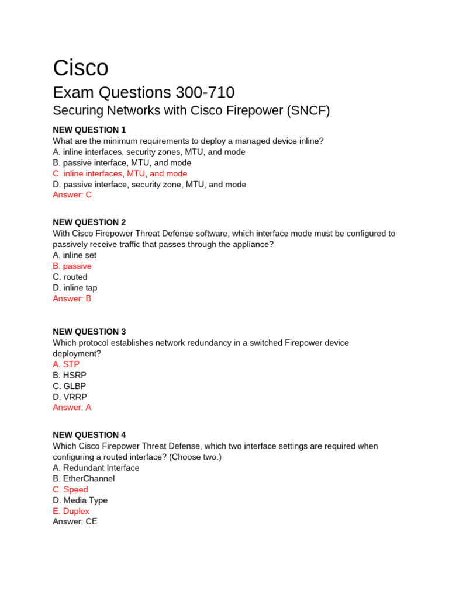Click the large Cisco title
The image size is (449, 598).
[x=81, y=68]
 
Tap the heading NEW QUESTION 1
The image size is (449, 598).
[x=89, y=130]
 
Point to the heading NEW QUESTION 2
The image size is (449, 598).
[x=89, y=222]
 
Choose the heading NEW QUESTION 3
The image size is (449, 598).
[x=89, y=332]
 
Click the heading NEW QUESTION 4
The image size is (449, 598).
[x=89, y=435]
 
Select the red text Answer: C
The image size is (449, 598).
[x=72, y=195]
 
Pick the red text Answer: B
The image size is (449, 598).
[x=72, y=298]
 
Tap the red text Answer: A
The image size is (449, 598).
[x=72, y=408]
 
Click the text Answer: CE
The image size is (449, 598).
[x=75, y=521]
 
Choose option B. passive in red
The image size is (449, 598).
[x=72, y=266]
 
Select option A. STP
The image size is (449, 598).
[x=66, y=364]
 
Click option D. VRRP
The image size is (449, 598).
[x=70, y=397]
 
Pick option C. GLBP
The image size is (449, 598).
[x=70, y=386]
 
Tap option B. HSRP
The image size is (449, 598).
[x=70, y=376]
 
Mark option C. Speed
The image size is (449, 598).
[x=71, y=489]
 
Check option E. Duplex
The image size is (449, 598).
[x=71, y=511]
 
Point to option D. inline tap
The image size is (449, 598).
[x=75, y=288]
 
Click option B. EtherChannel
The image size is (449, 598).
[x=84, y=478]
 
